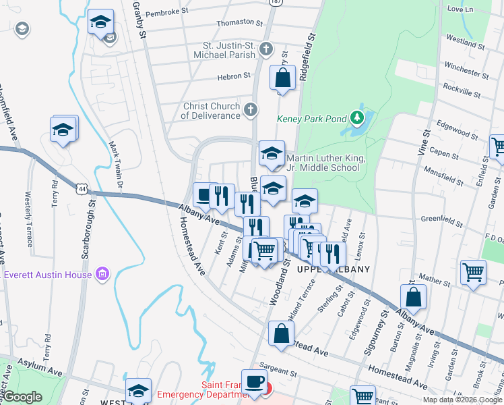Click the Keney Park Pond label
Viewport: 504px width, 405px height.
(312, 119)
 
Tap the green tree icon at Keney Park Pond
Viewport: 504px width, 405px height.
(357, 119)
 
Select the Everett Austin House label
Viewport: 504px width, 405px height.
(49, 274)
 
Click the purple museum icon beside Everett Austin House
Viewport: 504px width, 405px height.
(102, 274)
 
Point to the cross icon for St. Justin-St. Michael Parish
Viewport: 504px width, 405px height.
(266, 49)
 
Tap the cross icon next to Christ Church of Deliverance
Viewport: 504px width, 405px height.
(251, 109)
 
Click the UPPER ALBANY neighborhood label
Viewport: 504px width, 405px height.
(334, 269)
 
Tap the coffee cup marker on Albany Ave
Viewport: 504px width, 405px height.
(203, 195)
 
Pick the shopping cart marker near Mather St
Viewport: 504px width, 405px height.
(473, 272)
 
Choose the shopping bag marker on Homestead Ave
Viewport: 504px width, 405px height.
(281, 333)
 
